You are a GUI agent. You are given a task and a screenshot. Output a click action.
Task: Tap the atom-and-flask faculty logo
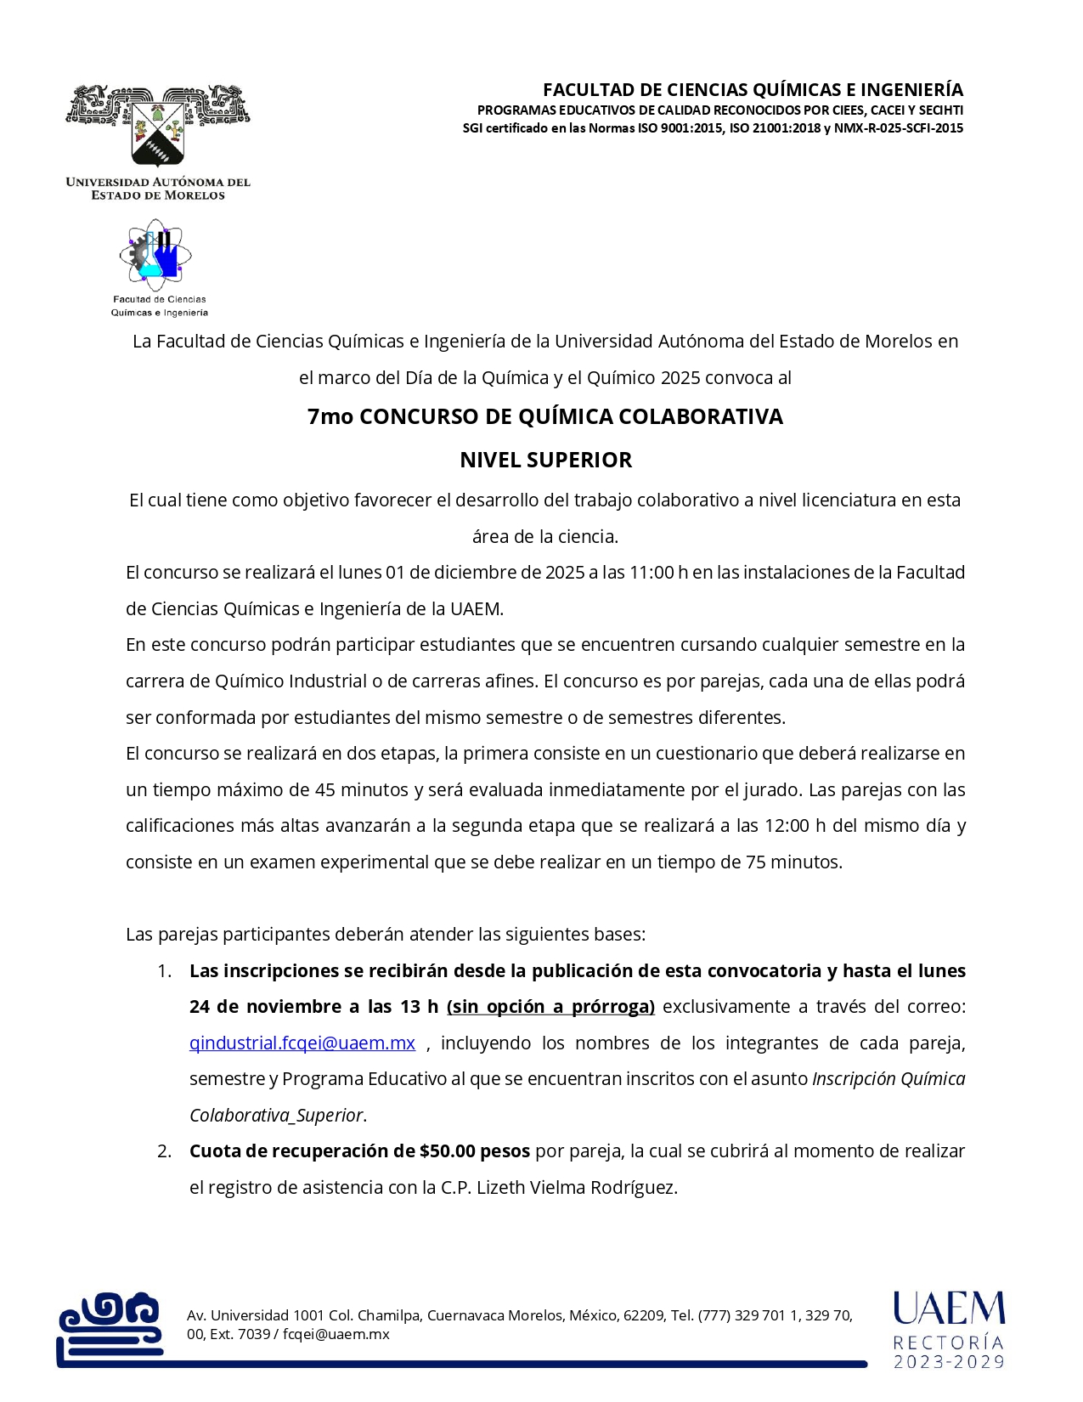159,255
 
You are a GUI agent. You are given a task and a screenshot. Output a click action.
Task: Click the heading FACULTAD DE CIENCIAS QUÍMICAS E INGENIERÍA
753,90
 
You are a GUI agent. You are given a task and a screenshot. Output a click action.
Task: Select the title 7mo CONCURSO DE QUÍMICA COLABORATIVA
545,416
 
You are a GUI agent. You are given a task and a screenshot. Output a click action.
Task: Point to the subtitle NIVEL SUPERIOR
545,460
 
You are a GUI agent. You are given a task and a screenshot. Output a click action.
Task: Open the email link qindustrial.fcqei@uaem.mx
302,1043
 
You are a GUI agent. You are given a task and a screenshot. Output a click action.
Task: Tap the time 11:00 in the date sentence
651,573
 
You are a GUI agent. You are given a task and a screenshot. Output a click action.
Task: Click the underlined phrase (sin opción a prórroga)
550,1007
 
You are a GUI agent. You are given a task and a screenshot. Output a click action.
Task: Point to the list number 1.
165,970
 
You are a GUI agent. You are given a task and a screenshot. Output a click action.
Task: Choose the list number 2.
165,1151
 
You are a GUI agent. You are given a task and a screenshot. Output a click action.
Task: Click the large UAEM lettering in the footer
948,1309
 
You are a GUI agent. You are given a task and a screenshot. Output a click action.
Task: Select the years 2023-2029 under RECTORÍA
948,1362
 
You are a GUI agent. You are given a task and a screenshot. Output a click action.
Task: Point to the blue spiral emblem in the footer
110,1326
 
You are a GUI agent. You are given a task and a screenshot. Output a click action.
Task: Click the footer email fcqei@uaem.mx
336,1334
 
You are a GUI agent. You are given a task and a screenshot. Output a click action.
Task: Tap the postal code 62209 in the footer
644,1315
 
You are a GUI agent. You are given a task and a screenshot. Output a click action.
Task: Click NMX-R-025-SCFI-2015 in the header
899,128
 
